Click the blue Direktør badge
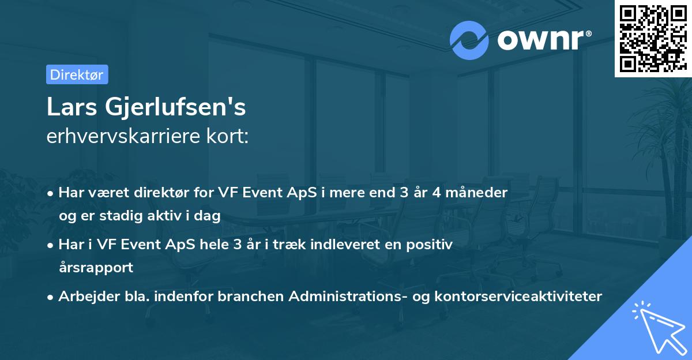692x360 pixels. tap(77, 74)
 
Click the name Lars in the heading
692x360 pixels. tap(72, 107)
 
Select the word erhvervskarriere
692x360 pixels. tap(123, 136)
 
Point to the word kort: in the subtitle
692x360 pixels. tap(228, 136)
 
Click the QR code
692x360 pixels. tap(653, 39)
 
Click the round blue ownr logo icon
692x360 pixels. tap(469, 40)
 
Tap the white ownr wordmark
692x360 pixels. tap(544, 40)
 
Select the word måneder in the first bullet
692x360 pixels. tap(477, 193)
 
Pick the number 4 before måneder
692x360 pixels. tap(437, 193)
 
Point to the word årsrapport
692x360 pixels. tap(96, 268)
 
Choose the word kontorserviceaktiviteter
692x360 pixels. tap(518, 297)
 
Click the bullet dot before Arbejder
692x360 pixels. tap(50, 298)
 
